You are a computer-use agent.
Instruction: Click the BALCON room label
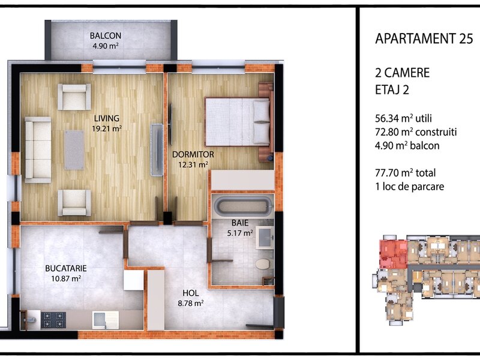106,36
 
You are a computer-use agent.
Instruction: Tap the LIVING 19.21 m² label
107,123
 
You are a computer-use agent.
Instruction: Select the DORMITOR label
193,154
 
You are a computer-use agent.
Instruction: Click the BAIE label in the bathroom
240,223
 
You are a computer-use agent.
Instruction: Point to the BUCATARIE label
66,268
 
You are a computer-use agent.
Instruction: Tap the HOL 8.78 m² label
191,298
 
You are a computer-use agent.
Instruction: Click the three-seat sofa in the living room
38,149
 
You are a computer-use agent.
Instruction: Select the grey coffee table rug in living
74,150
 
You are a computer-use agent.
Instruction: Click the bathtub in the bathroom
242,205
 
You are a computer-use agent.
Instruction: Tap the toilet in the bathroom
263,264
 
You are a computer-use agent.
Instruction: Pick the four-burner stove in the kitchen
53,320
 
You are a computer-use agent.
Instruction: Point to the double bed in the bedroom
238,122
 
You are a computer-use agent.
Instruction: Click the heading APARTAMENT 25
424,39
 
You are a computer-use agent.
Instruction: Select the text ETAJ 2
392,90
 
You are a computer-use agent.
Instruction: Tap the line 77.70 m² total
406,173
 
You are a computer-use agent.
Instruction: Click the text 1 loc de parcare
410,187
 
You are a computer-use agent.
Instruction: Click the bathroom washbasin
265,238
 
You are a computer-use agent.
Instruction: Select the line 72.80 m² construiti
416,132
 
